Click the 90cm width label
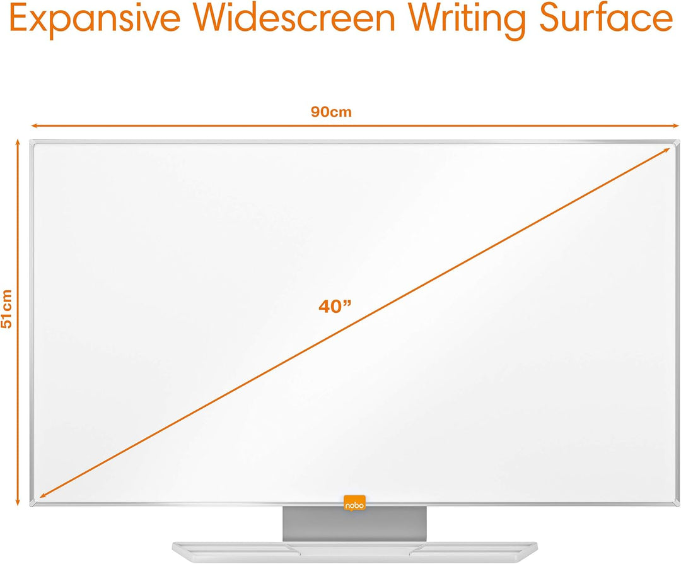pos(331,112)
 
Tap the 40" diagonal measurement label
pos(335,307)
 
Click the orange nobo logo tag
pos(354,503)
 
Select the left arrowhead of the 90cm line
pos(34,126)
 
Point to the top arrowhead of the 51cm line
pos(18,144)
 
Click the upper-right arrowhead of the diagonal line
pos(668,150)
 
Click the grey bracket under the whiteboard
pos(354,523)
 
